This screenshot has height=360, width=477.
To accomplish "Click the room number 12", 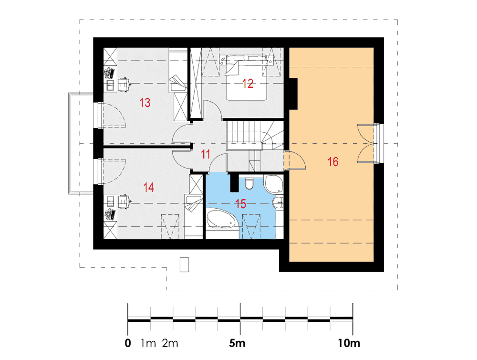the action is pyautogui.click(x=248, y=84).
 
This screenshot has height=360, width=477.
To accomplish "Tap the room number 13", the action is pyautogui.click(x=145, y=103).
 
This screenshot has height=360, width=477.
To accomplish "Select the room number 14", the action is pyautogui.click(x=148, y=187).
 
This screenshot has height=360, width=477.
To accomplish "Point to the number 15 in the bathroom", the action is pyautogui.click(x=240, y=204).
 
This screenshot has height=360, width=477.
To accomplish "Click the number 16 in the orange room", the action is pyautogui.click(x=333, y=162).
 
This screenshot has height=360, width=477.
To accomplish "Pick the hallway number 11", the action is pyautogui.click(x=205, y=154).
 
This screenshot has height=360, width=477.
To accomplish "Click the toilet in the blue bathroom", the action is pyautogui.click(x=249, y=183).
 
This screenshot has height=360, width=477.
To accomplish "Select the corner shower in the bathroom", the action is pyautogui.click(x=274, y=184).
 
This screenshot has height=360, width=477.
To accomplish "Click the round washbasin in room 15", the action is pyautogui.click(x=278, y=202).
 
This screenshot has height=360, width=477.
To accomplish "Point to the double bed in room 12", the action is pyautogui.click(x=246, y=77).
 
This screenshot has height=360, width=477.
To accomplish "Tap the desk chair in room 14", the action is pyautogui.click(x=124, y=201).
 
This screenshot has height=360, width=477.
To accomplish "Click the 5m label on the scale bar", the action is pyautogui.click(x=237, y=343).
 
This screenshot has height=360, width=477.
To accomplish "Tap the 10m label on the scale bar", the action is pyautogui.click(x=349, y=343).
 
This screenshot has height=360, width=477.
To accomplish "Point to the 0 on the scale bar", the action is pyautogui.click(x=128, y=343).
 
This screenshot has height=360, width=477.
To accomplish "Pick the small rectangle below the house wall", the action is pyautogui.click(x=184, y=265).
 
